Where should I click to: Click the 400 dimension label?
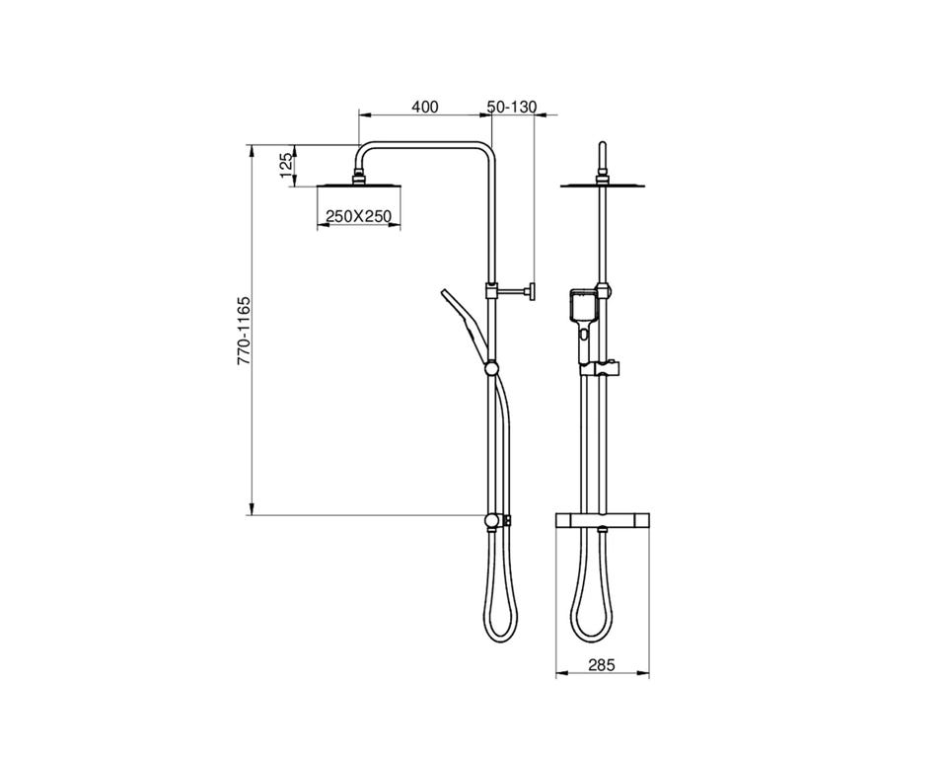coord(424,107)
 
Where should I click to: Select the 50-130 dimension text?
coord(512,107)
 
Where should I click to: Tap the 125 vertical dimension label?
coord(287,165)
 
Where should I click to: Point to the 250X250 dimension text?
coord(359,216)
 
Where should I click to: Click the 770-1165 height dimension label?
coord(244,330)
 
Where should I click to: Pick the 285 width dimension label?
coord(602,665)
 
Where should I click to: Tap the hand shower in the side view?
coord(465,324)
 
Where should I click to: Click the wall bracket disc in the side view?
coord(532,292)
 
